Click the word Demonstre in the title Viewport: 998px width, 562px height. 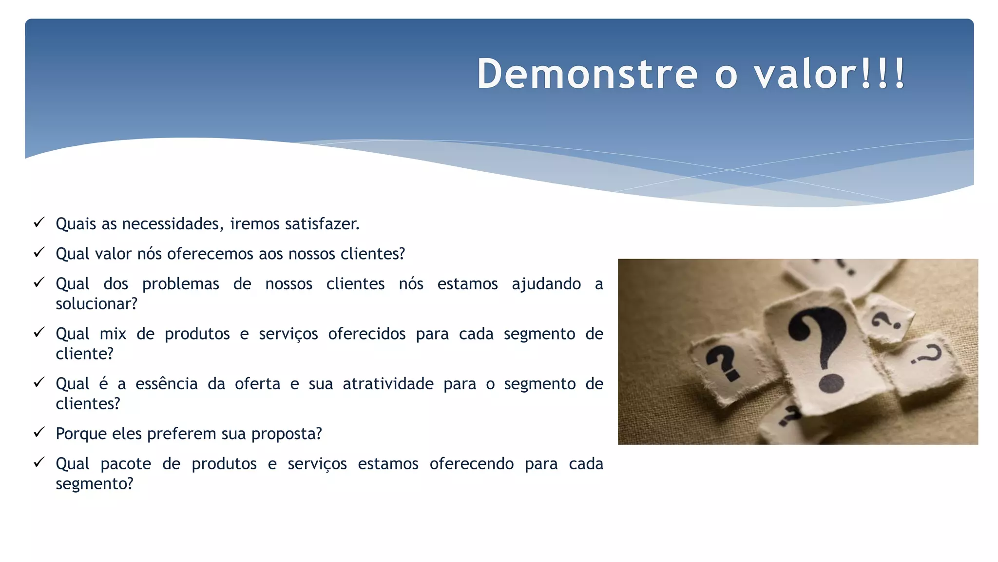(587, 74)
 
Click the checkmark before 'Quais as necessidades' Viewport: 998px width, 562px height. (39, 223)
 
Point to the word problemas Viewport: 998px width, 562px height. (180, 284)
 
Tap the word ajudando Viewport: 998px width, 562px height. (546, 284)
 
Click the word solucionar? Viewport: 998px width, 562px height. (96, 304)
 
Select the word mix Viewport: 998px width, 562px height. (113, 334)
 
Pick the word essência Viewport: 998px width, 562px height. (166, 384)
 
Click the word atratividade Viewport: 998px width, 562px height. (388, 384)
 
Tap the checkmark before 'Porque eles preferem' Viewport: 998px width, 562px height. (39, 433)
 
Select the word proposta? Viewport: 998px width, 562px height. (287, 434)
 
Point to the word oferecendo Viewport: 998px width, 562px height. (471, 463)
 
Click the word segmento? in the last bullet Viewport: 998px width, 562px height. (94, 484)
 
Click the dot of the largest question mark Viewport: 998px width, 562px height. (831, 383)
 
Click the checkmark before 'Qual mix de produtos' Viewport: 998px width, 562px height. (39, 333)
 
